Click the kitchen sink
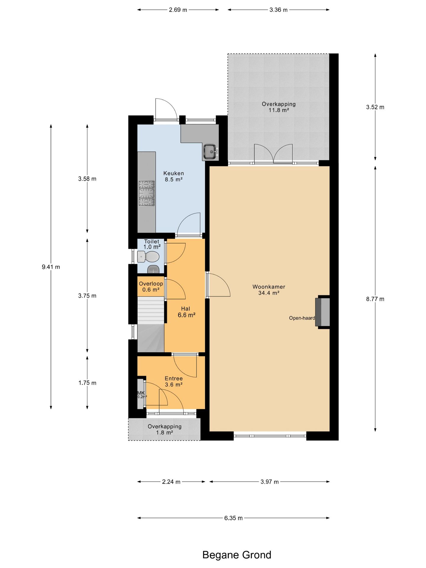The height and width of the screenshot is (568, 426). pos(211,151)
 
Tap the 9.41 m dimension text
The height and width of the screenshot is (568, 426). pos(51,267)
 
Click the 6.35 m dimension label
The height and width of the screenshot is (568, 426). pos(233,518)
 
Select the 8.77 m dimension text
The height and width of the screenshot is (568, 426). pos(375,299)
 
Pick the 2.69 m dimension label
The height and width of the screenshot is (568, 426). pos(178,10)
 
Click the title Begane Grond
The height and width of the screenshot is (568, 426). pos(237,555)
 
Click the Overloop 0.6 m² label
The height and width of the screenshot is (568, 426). pos(151,286)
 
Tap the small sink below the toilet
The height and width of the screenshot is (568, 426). pos(153,269)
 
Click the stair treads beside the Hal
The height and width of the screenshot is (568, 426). pos(151,311)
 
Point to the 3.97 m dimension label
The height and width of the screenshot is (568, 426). pos(270,482)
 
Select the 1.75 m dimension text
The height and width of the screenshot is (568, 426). pos(87,383)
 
